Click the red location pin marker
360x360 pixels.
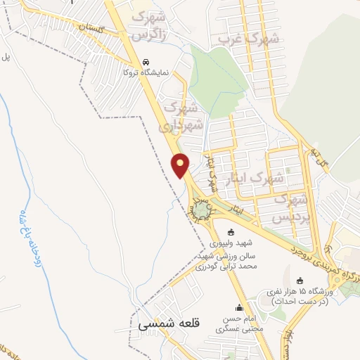[181, 165]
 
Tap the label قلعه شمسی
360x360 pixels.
[169, 324]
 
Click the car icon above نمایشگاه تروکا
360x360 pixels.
[146, 61]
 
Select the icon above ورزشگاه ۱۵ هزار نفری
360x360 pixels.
[300, 281]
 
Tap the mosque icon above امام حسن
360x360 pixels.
[238, 307]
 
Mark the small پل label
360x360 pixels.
[5, 56]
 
